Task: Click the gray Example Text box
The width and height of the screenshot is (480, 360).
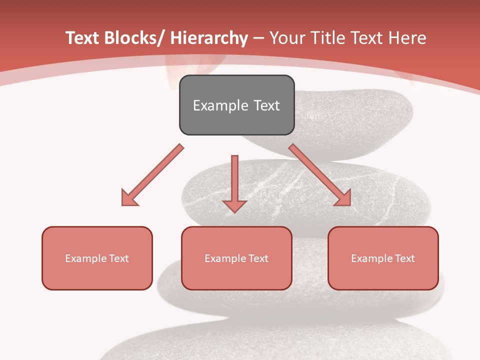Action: pos(236,105)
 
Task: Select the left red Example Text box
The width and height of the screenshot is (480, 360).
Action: pos(97,258)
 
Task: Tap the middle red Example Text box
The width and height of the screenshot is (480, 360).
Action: pos(236,258)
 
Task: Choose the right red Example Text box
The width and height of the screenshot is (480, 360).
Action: pos(383,258)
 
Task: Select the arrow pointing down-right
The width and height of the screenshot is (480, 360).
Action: pos(320,175)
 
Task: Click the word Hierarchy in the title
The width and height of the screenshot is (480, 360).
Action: pos(209,38)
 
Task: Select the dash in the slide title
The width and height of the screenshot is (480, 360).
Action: pos(258,38)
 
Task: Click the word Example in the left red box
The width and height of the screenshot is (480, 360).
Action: pos(86,258)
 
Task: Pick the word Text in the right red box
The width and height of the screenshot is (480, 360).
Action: pos(404,258)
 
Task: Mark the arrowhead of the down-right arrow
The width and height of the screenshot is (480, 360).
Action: pos(343,198)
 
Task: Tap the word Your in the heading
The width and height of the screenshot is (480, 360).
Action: pos(286,38)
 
